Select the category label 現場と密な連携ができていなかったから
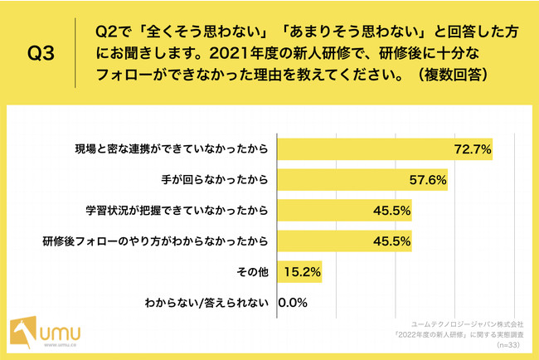pos(171,150)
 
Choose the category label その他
pos(255,271)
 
